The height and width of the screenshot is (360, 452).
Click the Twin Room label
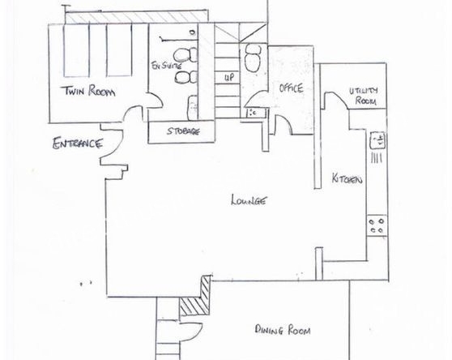89,91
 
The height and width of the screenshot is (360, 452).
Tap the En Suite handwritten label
167,65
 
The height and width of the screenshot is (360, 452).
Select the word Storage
183,131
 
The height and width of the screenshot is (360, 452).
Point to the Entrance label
78,144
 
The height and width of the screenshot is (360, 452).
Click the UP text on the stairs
229,77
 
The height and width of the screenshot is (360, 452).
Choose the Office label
291,88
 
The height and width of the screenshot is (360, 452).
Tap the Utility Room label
364,96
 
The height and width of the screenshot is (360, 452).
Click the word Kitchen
347,178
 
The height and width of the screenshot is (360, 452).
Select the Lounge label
249,200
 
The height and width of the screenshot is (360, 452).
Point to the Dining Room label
283,329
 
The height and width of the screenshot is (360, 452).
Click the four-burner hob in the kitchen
377,225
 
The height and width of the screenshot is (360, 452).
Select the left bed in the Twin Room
76,50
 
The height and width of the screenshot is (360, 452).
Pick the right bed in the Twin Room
119,50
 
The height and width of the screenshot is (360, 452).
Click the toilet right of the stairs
253,58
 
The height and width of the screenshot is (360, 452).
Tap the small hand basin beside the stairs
255,112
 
